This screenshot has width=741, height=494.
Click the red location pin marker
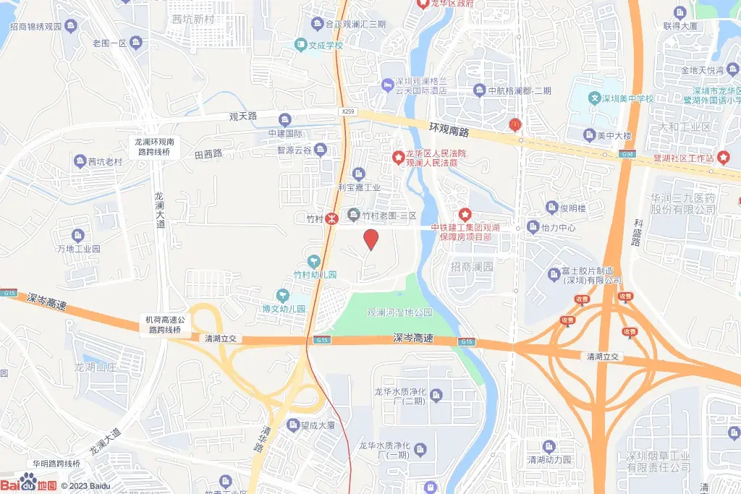coord(371,239)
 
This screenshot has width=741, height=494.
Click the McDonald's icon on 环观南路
coord(515,124)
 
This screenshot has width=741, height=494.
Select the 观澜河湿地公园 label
coord(399,312)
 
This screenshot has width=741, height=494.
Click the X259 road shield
coord(348,111)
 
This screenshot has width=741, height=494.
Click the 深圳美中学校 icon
coord(595,98)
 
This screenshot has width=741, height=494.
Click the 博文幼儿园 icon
coord(284,295)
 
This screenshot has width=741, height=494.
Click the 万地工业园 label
coord(78,249)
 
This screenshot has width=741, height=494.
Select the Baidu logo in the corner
coord(29,484)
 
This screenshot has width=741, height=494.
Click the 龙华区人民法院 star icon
coord(397,156)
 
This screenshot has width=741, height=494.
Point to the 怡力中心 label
coord(558,227)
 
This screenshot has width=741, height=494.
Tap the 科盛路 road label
coord(638,233)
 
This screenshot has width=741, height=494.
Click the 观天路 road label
coord(243,116)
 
